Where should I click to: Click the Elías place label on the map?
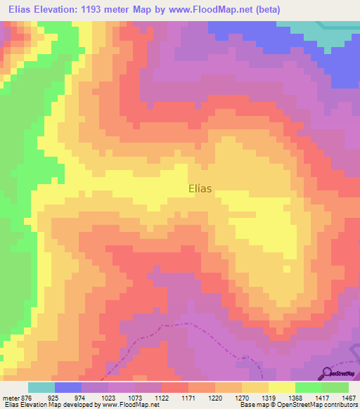pyautogui.click(x=200, y=188)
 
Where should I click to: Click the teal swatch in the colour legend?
pyautogui.click(x=41, y=387)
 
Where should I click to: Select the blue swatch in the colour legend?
pyautogui.click(x=68, y=387)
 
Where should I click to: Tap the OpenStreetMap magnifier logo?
pyautogui.click(x=326, y=372)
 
